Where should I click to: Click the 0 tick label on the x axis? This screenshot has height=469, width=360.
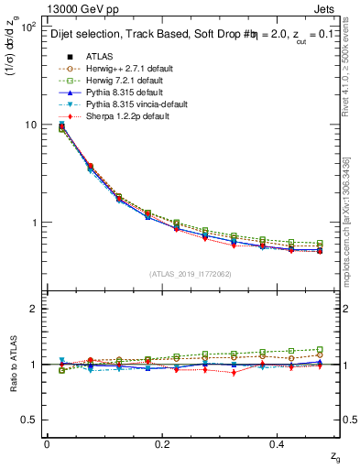47,443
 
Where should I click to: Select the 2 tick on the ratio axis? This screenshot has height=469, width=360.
33,309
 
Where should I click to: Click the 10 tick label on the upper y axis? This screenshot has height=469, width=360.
28,125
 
